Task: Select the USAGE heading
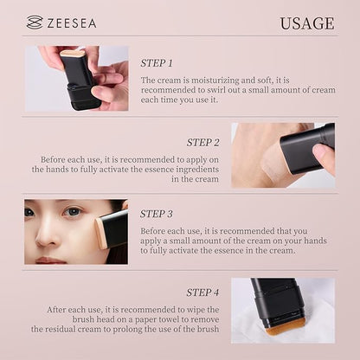(x=306, y=23)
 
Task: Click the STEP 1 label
(x=157, y=63)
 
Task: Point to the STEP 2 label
(x=203, y=142)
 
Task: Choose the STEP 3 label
(x=157, y=213)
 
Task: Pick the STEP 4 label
(x=203, y=292)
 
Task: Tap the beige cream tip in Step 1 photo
(x=74, y=53)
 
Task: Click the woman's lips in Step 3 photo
(x=52, y=257)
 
